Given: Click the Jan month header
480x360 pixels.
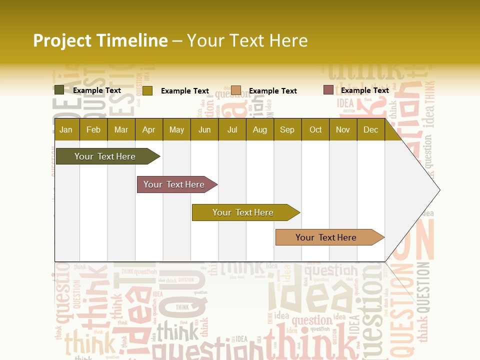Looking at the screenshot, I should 66,130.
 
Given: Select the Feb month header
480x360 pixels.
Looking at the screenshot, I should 93,130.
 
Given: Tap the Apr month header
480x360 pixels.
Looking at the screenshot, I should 148,130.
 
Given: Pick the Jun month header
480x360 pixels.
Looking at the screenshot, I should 204,130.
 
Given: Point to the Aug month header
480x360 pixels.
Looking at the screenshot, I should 259,130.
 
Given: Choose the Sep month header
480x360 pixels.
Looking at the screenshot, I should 287,130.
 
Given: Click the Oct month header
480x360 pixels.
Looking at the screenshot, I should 315,130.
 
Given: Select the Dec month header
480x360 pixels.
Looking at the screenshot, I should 370,130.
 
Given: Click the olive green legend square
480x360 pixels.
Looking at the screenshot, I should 59,90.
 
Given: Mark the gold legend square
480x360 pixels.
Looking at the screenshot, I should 147,90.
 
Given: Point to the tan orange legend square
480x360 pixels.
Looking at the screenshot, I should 236,90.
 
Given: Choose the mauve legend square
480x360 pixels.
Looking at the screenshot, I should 328,90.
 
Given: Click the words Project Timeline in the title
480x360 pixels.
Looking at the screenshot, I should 100,40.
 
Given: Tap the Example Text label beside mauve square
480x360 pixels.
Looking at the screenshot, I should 364,90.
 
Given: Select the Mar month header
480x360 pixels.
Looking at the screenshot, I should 121,130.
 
